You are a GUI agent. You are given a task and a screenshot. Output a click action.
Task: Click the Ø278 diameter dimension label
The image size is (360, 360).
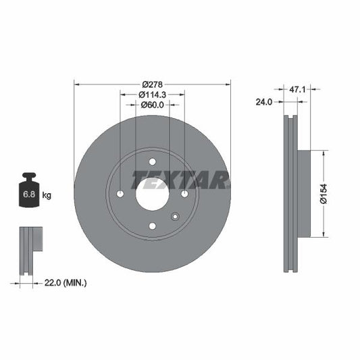[152, 84]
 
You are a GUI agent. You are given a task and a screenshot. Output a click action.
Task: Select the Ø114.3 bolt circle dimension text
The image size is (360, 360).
[152, 95]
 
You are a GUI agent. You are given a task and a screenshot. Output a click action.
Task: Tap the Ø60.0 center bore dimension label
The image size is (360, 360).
[152, 105]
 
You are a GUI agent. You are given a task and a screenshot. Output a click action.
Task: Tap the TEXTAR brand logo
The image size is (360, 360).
[180, 180]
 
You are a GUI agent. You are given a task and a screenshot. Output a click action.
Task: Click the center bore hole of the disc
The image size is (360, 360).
[152, 194]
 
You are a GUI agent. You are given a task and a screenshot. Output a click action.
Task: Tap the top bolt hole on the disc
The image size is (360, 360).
[152, 161]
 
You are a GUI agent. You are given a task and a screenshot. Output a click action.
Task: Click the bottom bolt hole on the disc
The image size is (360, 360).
[152, 226]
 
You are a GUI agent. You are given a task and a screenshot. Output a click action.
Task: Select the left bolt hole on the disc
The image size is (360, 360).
[120, 195]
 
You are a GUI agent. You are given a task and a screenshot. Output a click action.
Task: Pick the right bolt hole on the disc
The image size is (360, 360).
[184, 195]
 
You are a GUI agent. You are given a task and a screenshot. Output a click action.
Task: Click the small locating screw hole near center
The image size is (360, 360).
[175, 217]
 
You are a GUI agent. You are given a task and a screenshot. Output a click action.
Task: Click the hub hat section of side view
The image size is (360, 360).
[303, 194]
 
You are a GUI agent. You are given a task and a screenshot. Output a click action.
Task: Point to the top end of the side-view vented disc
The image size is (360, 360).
[290, 122]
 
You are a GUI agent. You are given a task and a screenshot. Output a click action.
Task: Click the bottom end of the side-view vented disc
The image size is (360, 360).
[290, 267]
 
